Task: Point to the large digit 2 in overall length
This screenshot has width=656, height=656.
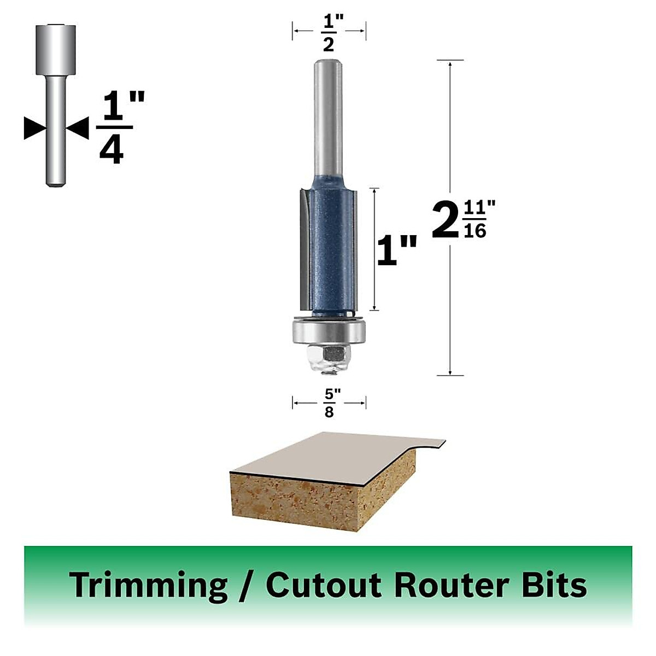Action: (444, 220)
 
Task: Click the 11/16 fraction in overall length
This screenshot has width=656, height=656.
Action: (475, 220)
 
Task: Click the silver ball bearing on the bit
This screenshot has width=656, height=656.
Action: (328, 332)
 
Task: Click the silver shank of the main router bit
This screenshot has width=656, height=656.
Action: (328, 120)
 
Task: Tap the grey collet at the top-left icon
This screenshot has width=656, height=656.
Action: (55, 49)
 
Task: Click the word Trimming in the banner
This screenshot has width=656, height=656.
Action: (148, 585)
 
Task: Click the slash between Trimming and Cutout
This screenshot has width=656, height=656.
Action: (246, 585)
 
